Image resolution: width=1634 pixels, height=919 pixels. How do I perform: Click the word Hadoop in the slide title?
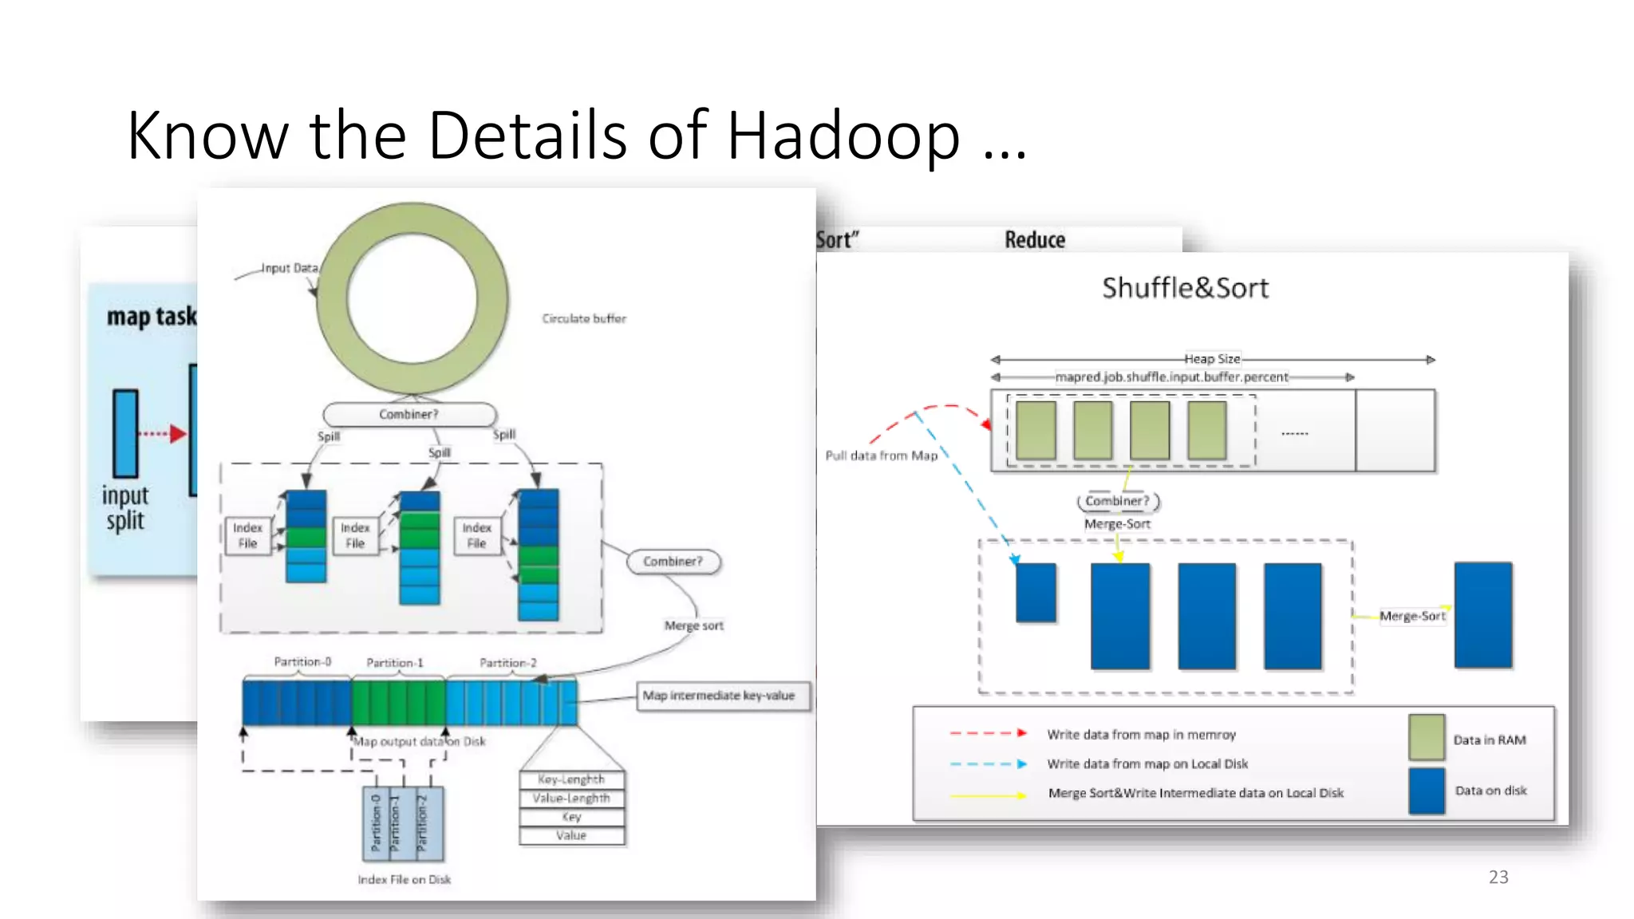tap(843, 136)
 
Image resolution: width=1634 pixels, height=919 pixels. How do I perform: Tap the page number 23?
tap(1498, 877)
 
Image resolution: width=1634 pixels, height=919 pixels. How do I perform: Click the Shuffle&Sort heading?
tap(1185, 288)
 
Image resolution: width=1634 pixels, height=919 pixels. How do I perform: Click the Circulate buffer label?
tap(584, 318)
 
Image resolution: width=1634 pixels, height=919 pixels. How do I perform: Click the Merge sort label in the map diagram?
tap(693, 625)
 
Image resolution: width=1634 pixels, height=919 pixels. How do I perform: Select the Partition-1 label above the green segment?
tap(395, 663)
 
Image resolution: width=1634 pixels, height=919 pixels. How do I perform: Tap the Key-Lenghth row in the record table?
tap(571, 779)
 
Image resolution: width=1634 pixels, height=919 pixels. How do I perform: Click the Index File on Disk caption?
tap(404, 879)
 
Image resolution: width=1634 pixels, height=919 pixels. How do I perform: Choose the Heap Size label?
tap(1212, 359)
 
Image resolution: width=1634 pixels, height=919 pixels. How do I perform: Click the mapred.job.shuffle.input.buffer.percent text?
tap(1171, 377)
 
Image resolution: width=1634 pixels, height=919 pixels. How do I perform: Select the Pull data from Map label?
tap(881, 456)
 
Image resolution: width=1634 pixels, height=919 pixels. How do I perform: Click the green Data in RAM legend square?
tap(1427, 737)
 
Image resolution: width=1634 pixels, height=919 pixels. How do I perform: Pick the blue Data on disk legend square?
tap(1427, 791)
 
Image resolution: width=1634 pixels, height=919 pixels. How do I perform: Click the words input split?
tap(125, 508)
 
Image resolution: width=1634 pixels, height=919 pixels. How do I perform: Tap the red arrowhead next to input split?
tap(177, 434)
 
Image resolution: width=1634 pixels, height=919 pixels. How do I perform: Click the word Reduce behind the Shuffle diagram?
tap(1035, 239)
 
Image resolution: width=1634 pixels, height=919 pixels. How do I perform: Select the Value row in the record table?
tap(571, 835)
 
